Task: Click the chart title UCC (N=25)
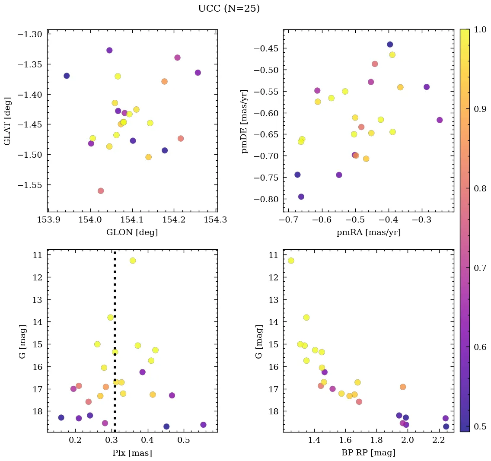click(229, 9)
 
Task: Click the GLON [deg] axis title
click(132, 232)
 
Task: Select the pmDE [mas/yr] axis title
click(245, 121)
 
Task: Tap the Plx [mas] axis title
click(132, 453)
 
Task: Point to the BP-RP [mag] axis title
click(368, 453)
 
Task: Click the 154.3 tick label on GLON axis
click(217, 220)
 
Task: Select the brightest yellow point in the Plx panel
click(133, 261)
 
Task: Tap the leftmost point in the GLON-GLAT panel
click(67, 76)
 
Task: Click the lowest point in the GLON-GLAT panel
click(101, 191)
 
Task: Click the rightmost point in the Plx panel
click(203, 425)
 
